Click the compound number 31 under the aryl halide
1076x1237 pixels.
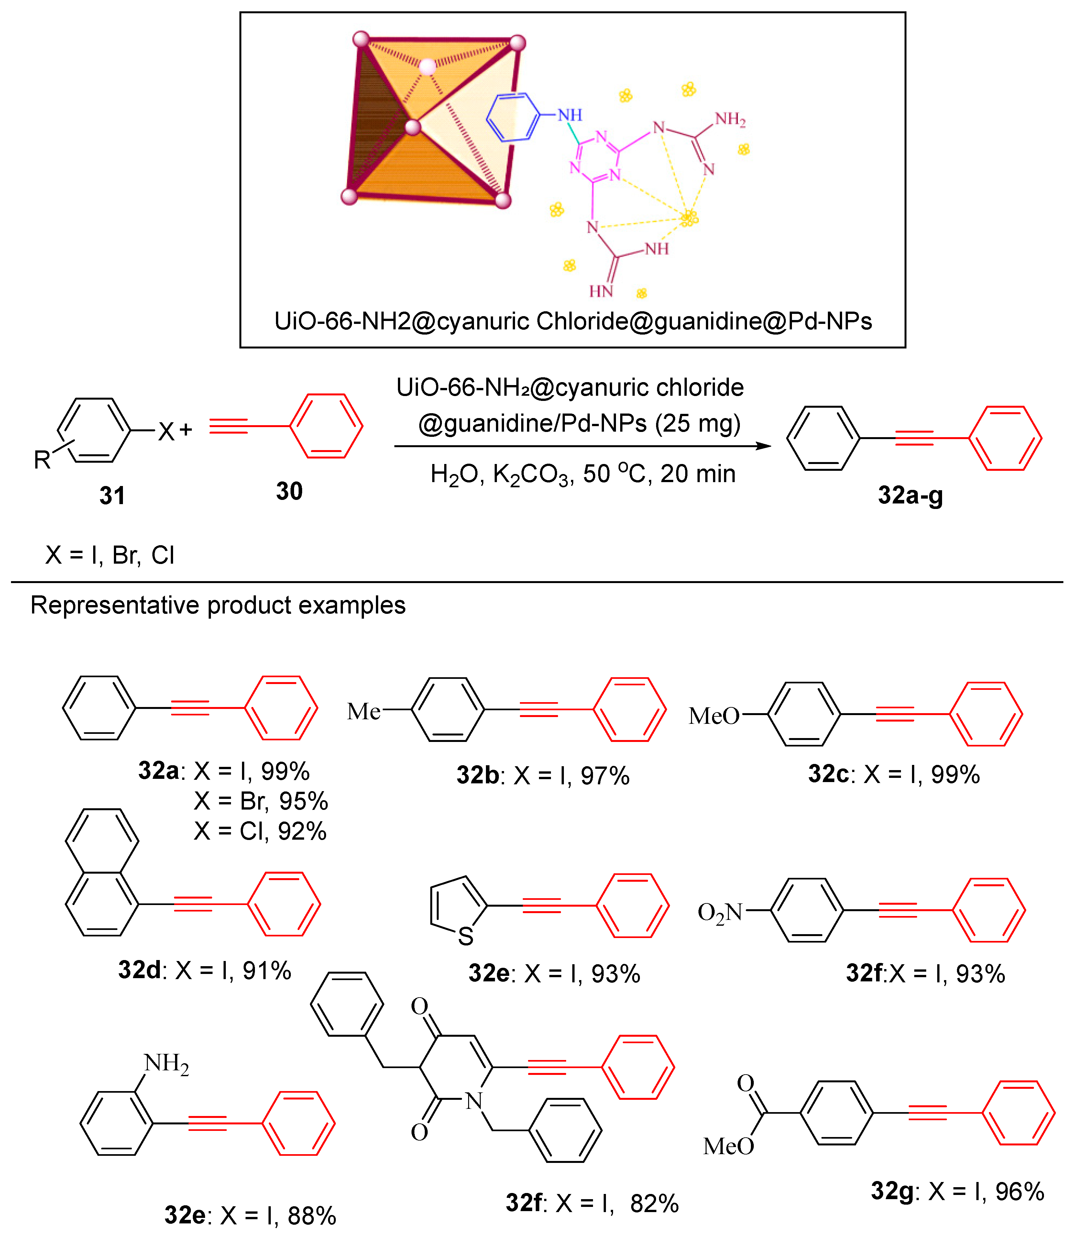coord(112,496)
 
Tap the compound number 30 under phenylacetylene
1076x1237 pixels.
coord(289,491)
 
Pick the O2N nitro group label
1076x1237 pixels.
coord(720,913)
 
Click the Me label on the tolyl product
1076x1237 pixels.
coord(363,712)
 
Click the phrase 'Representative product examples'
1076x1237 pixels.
coord(218,605)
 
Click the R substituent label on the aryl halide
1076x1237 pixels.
coord(42,460)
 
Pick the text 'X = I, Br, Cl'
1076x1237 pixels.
coord(110,555)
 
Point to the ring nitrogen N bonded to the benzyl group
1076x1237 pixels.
coord(474,1101)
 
